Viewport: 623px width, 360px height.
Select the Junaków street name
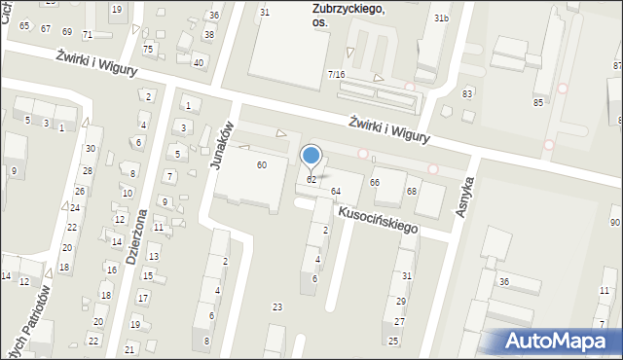pos(223,145)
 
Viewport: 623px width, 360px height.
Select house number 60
pos(261,165)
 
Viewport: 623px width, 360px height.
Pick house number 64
pos(336,191)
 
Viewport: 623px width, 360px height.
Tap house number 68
pos(412,191)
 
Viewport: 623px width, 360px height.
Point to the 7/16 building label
pos(336,75)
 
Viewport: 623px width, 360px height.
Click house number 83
pos(467,93)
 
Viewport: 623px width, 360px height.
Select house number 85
pos(538,102)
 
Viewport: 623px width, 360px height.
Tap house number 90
pos(615,223)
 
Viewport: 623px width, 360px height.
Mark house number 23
pos(277,307)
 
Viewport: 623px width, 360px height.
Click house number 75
pos(148,50)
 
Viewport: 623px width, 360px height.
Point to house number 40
pos(199,62)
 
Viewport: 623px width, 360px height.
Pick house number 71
pos(88,34)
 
